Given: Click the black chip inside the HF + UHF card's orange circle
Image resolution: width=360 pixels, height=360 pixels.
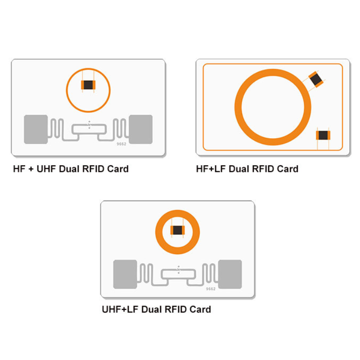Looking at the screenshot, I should coord(88,85).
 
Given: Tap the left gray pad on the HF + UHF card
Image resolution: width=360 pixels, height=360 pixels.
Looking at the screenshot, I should coord(36,129).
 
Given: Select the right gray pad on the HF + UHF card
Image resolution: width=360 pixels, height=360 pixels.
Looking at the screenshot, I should coord(140,129).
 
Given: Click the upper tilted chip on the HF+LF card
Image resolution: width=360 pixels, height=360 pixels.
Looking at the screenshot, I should coord(316,79).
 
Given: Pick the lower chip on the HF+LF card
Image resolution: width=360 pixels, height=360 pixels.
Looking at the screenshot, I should coord(323,135).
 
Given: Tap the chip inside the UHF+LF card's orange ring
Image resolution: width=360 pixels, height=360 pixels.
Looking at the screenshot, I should coord(177,230).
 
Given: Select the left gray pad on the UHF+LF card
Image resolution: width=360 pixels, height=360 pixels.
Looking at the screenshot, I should coord(125,274).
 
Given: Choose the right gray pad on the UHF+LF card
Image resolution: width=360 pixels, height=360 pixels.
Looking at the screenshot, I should coord(229,274).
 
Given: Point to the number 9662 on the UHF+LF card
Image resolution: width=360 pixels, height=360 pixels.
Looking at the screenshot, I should coord(211,289).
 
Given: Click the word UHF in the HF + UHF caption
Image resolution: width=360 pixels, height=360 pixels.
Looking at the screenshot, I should coord(45,169).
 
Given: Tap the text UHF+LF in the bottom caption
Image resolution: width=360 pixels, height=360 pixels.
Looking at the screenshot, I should coord(120,310).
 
